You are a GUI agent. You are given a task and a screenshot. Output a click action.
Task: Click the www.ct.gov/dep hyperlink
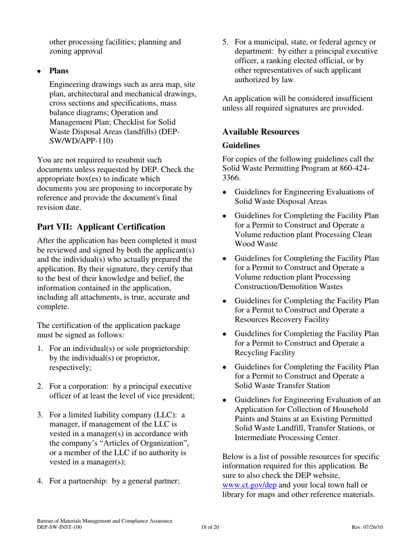[x=249, y=485]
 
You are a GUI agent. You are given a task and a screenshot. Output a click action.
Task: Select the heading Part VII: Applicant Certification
[x=101, y=227]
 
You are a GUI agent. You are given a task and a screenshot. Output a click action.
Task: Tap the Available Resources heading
[x=261, y=132]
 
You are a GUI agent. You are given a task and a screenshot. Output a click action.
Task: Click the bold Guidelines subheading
[x=241, y=145]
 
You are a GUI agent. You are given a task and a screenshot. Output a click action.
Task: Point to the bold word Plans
[x=59, y=71]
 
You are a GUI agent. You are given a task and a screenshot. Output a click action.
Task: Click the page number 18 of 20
[x=210, y=527]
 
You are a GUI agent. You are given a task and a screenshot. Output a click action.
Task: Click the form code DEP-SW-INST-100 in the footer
[x=59, y=527]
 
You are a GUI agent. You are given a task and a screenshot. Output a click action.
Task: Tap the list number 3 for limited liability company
[x=40, y=415]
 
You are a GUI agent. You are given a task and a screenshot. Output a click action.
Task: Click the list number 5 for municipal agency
[x=225, y=42]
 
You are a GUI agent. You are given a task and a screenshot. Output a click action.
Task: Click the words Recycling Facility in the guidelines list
[x=264, y=353]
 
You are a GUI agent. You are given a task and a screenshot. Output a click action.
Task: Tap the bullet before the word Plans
[x=39, y=71]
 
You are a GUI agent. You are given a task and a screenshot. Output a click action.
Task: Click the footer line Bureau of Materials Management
[x=105, y=521]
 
